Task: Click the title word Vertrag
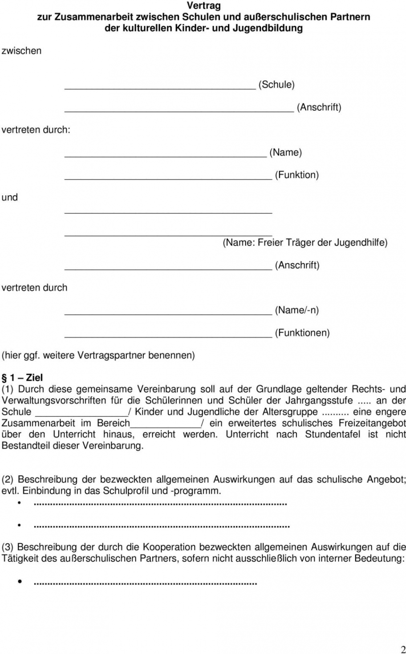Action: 203,6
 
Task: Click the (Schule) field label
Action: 276,85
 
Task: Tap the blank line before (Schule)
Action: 160,88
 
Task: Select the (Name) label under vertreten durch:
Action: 285,152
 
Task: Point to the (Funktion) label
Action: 296,175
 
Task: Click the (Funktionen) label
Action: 302,333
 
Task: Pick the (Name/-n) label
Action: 297,310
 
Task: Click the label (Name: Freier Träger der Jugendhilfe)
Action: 305,242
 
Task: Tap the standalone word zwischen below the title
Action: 21,51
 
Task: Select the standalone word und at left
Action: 10,198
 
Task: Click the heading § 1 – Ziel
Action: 23,378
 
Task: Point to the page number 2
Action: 403,649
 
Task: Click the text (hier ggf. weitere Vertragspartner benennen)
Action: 98,355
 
